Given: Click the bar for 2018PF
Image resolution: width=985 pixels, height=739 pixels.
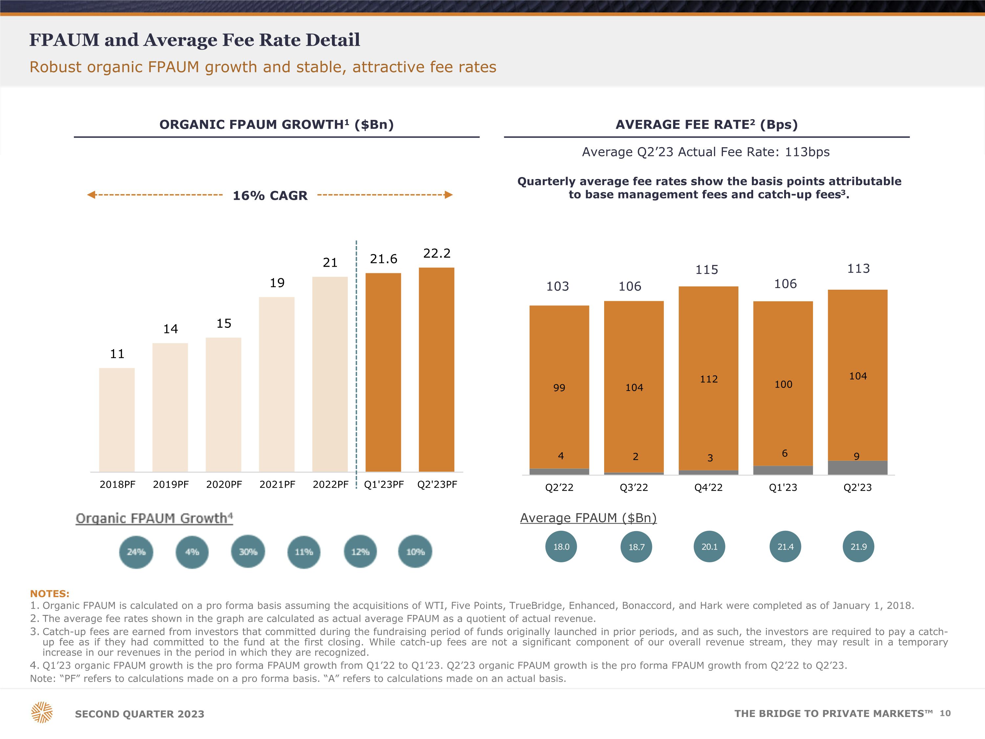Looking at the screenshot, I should pos(117,420).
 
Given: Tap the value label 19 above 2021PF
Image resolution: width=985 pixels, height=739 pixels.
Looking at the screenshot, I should pos(277,283).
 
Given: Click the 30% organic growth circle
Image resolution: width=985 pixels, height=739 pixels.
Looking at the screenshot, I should pos(248,552).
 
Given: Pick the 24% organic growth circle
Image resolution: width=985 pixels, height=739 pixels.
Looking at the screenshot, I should pos(136,552).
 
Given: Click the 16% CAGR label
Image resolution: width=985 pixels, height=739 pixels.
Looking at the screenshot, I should pos(270,195).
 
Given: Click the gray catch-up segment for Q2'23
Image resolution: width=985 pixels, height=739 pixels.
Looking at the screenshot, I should pos(857,468).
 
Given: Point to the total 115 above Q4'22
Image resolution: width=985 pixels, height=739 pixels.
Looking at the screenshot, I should pos(707,270).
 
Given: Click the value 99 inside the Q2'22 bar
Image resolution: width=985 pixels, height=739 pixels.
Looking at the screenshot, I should pos(559,388).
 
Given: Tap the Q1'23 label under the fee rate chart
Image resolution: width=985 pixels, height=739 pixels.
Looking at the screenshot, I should pos(783,488).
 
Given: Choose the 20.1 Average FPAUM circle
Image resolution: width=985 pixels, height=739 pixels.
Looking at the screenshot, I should pos(709,547).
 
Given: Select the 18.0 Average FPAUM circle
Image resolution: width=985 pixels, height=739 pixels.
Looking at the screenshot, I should pos(561,547).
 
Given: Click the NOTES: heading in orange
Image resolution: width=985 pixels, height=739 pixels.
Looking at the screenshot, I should pos(50,594).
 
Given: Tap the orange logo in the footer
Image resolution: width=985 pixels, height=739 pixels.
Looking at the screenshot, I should pos(42,712).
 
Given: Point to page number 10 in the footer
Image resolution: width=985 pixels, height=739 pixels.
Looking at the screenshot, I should pos(945,713).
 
